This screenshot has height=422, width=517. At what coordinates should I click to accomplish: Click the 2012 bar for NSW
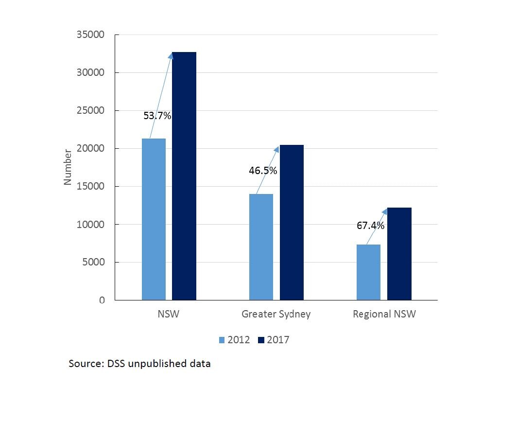point(154,219)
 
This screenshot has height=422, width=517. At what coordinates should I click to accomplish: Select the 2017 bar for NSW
point(184,176)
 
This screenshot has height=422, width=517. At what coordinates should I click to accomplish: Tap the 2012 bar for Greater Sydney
point(261,246)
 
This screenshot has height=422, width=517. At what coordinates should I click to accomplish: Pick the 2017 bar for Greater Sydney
point(292,222)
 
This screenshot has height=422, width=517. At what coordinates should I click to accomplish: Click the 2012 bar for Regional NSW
point(368,272)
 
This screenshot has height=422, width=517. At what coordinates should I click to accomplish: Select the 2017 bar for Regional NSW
point(399,253)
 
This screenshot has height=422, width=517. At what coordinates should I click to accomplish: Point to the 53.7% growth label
point(157,116)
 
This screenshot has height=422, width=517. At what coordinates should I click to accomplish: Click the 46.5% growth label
point(263,171)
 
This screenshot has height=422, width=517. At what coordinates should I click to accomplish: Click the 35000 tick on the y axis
point(91,35)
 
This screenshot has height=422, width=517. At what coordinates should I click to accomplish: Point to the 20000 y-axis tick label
point(91,149)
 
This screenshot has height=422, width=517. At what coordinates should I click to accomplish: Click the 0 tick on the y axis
point(102,300)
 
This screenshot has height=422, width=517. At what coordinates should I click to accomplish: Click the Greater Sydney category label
point(276,314)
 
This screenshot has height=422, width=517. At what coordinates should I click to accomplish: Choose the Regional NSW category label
point(384,314)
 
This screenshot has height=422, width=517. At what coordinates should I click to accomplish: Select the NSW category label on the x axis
point(169,314)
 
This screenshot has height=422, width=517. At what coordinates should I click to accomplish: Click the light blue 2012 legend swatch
point(222,340)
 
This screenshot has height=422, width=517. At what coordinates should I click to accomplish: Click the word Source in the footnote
point(84,364)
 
